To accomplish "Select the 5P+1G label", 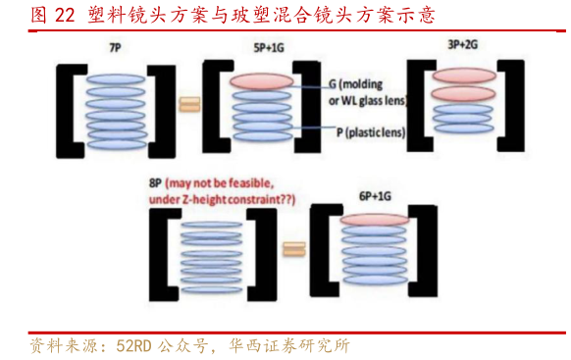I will point(266,47).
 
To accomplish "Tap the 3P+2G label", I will point(462,45).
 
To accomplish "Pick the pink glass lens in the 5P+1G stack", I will point(261,82).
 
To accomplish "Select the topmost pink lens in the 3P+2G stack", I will point(462,76).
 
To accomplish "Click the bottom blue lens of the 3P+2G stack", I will point(462,129).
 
